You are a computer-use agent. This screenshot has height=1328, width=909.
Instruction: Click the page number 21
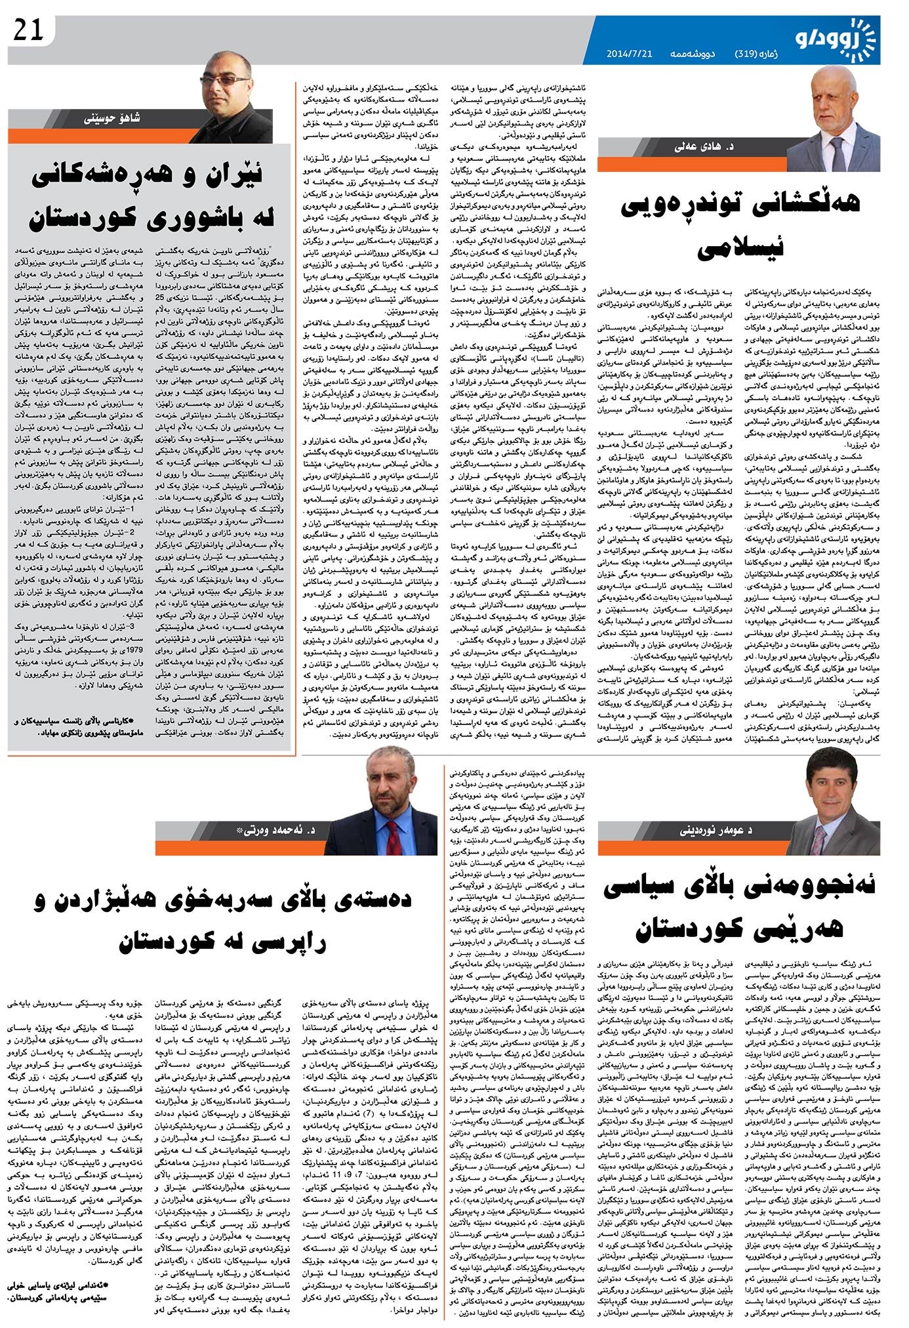point(28,30)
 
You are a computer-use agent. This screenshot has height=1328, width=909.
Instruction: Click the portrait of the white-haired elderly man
point(842,118)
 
